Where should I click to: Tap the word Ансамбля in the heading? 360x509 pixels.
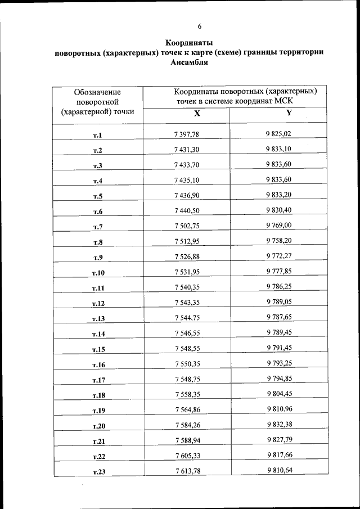[189, 62]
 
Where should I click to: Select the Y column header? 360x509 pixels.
[289, 112]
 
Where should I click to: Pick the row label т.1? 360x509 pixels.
[97, 135]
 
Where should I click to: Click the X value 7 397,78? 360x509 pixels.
[187, 134]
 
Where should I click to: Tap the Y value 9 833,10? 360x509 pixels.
[278, 149]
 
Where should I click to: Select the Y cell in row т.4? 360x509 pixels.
[278, 179]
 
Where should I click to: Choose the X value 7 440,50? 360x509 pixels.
[187, 210]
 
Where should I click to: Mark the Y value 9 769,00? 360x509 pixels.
[278, 226]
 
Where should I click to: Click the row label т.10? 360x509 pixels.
[98, 273]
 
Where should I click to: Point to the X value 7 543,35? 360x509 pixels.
[187, 303]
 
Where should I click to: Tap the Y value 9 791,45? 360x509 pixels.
[278, 348]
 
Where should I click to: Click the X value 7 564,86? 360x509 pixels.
[187, 409]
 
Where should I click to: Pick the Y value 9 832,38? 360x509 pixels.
[278, 425]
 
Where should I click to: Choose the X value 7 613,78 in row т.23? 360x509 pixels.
[187, 471]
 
